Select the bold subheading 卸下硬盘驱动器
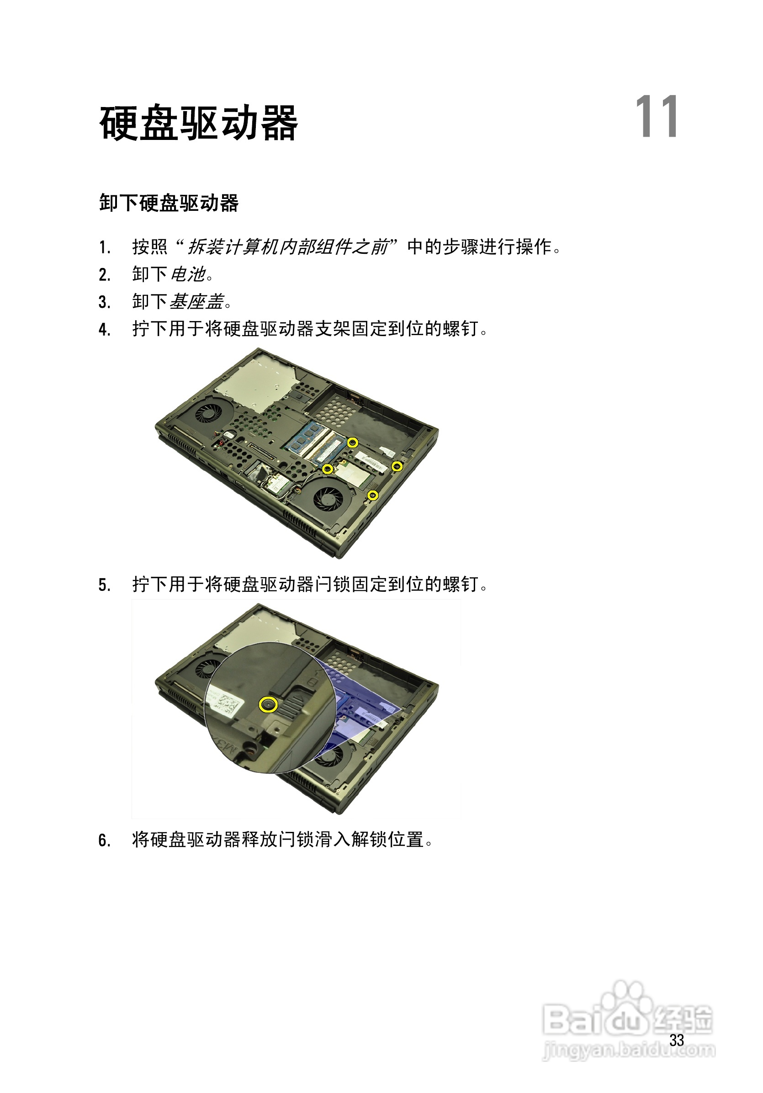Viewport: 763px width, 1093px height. [x=169, y=203]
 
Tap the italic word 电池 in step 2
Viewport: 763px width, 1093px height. [x=188, y=274]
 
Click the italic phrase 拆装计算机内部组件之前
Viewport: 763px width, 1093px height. [x=288, y=247]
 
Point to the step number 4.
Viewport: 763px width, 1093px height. [x=104, y=329]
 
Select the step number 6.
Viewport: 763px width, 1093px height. [x=104, y=840]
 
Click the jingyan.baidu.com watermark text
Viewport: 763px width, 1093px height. [x=629, y=1049]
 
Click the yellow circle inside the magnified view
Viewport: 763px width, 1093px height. [x=268, y=705]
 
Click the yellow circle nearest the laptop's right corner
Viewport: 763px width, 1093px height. [x=397, y=466]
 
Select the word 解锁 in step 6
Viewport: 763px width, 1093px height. [x=369, y=840]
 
